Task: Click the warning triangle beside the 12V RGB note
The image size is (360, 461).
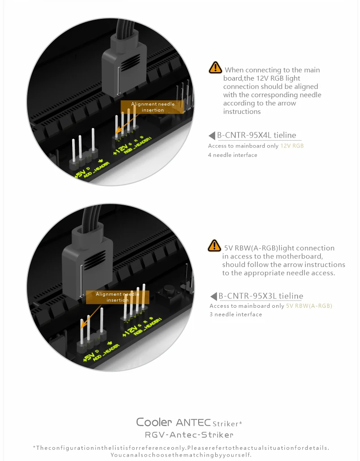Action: coord(215,67)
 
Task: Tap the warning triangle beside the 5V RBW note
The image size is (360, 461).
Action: coord(214,246)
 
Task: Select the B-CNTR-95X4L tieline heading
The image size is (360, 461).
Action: coord(256,135)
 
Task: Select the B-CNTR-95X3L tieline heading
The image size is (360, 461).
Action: coord(260,296)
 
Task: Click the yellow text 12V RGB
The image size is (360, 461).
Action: coord(292,146)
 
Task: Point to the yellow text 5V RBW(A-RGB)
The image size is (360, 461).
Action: coord(309,306)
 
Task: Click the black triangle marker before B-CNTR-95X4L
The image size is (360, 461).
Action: coord(212,136)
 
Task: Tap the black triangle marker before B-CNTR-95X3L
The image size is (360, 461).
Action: coord(214,296)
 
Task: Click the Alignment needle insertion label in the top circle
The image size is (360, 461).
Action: coord(152,107)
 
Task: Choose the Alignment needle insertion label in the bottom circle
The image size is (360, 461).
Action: coord(117,297)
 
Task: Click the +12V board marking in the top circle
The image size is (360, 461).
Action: coord(121,149)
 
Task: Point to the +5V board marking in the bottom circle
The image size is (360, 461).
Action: coord(89,356)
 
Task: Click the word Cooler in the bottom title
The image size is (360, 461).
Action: coord(154,422)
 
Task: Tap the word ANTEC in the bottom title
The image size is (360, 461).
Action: coord(193,422)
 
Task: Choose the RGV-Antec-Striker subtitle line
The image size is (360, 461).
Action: coord(189,435)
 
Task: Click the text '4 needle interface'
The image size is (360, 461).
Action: coord(233,155)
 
